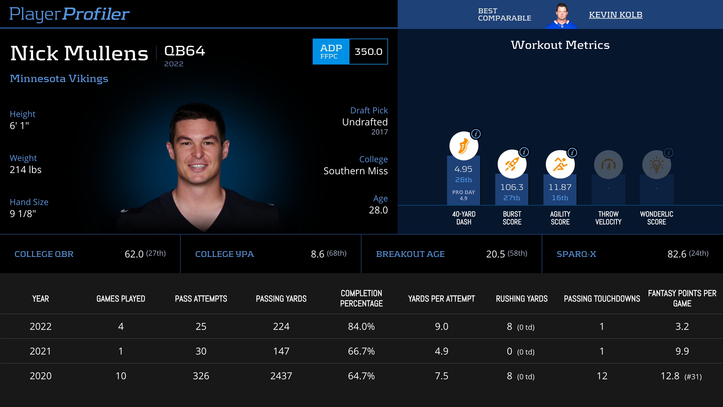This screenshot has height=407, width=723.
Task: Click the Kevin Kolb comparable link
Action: click(x=615, y=15)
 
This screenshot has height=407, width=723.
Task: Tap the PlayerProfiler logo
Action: click(x=69, y=14)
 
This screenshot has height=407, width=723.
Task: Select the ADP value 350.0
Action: click(x=368, y=52)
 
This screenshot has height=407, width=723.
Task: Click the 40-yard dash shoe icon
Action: click(x=464, y=146)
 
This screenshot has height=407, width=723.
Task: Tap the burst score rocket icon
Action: click(x=512, y=164)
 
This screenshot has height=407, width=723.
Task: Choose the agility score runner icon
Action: click(x=560, y=164)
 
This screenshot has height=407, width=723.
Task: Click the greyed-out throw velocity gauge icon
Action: click(x=608, y=165)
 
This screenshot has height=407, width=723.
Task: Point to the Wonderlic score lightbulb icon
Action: click(x=656, y=165)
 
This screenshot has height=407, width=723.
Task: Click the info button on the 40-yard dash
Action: click(x=476, y=134)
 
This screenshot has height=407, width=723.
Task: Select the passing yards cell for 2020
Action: click(x=281, y=376)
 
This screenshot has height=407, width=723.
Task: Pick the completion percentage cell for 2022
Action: click(x=361, y=327)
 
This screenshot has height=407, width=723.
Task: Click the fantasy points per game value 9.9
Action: click(x=682, y=351)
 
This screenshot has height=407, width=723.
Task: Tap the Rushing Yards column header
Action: click(x=522, y=299)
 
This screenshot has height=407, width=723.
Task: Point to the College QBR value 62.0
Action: click(x=134, y=254)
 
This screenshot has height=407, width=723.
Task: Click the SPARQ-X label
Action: click(x=576, y=254)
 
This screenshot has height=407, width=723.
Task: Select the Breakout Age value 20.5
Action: click(x=496, y=254)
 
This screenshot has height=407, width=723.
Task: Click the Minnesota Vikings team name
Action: click(x=59, y=78)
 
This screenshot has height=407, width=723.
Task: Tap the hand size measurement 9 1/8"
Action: click(x=23, y=214)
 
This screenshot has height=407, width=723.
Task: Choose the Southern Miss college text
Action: click(x=355, y=171)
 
